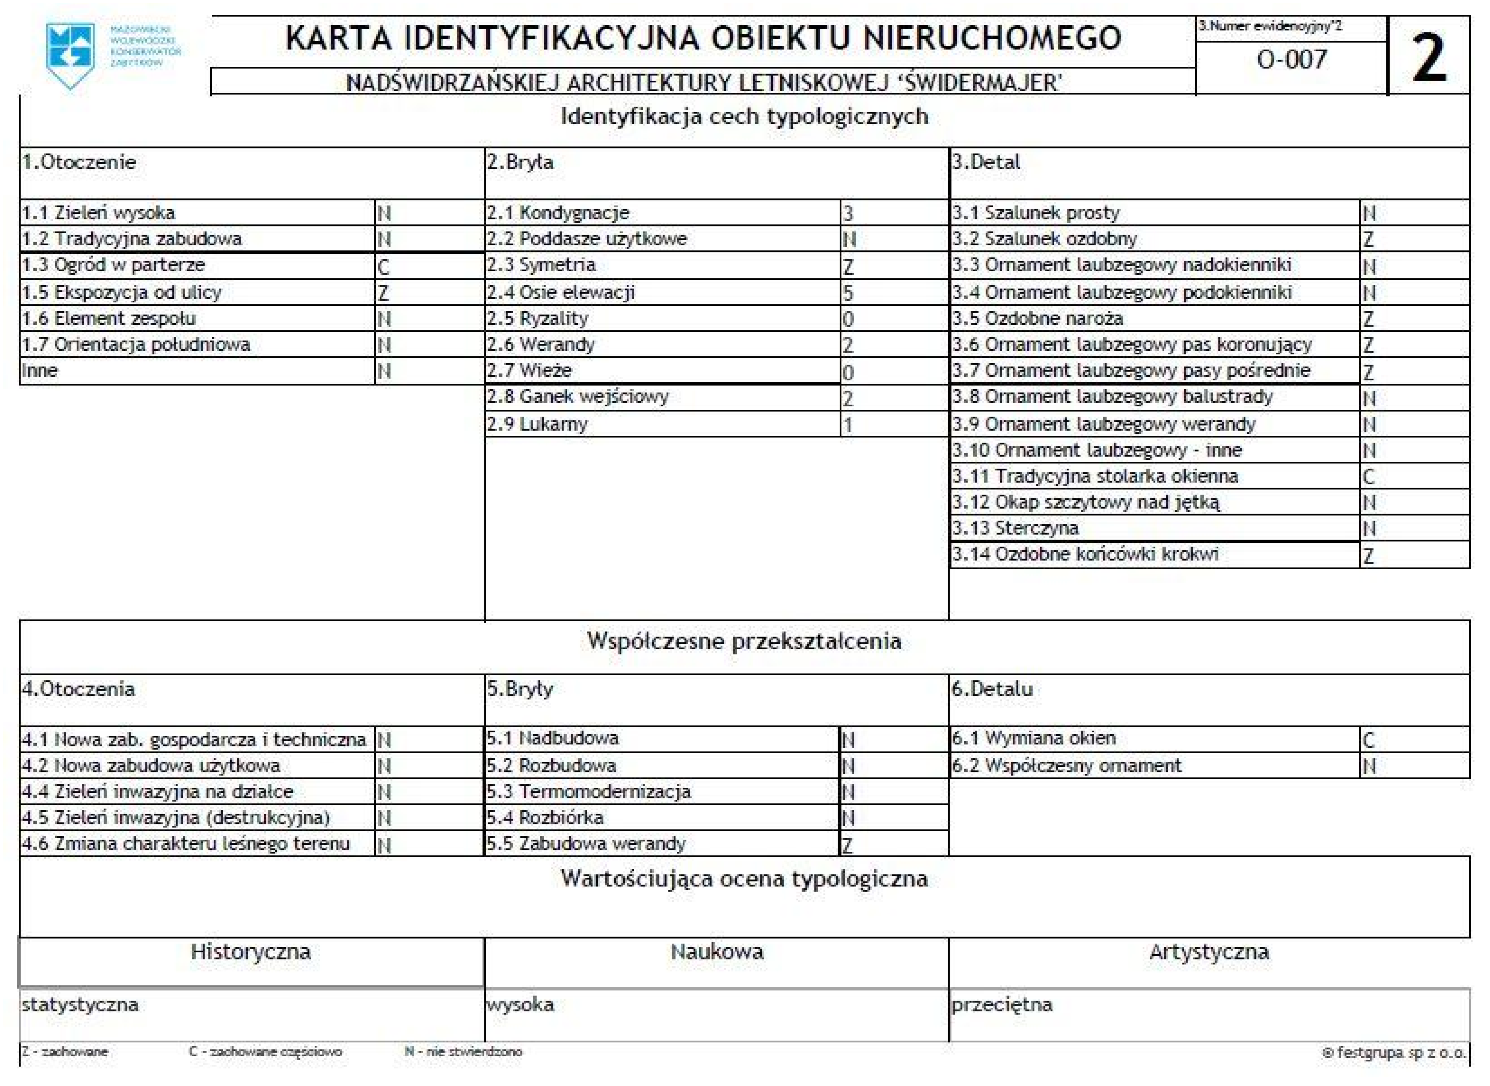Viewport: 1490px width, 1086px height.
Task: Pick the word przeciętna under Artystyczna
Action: [1002, 1004]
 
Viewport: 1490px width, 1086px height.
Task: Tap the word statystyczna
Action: [80, 1004]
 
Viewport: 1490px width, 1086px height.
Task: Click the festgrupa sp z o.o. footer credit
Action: [1393, 1053]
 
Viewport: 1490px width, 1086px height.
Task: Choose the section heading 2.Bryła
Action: [520, 162]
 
